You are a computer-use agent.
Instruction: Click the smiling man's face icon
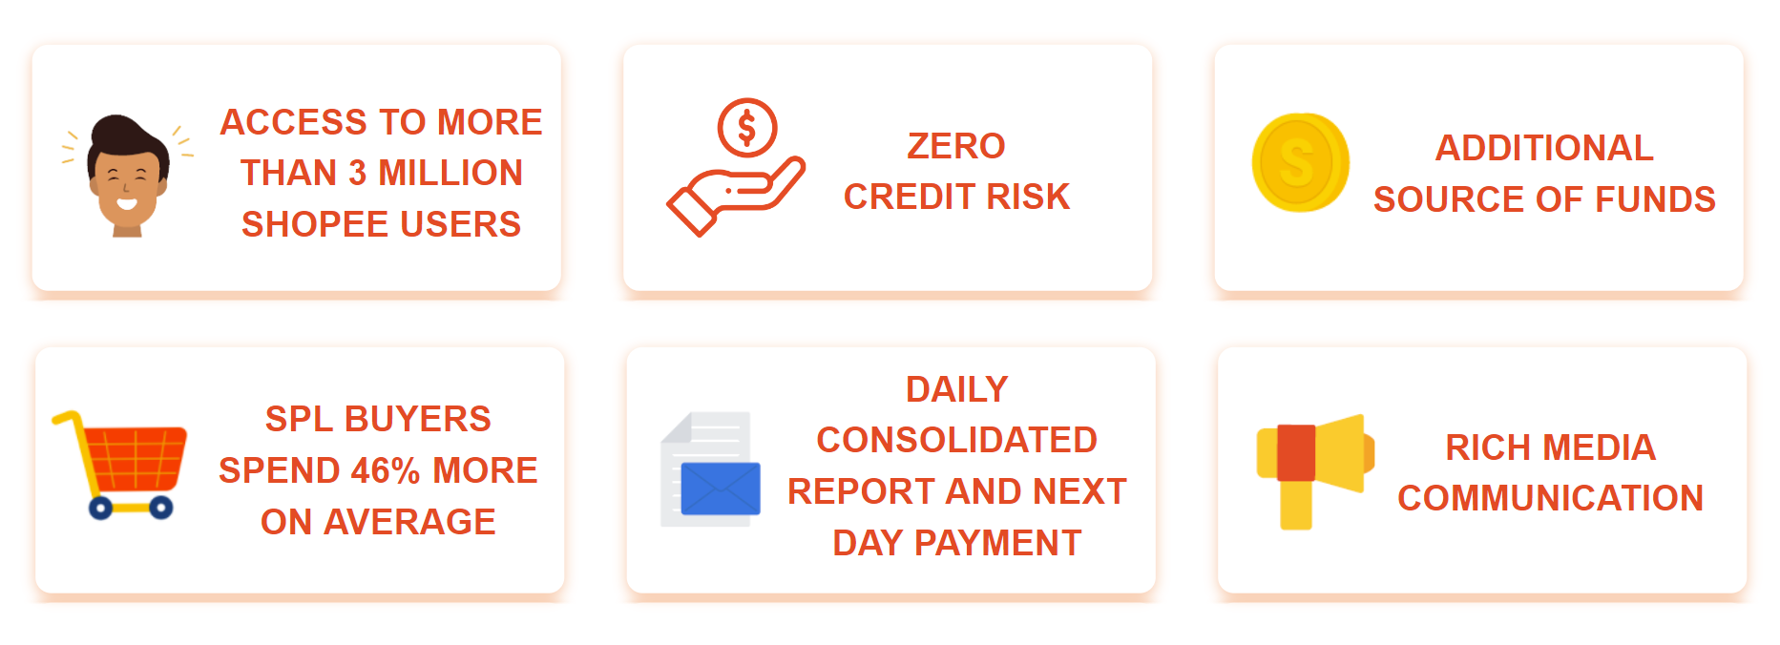pos(128,177)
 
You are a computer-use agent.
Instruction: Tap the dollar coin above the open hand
pos(747,128)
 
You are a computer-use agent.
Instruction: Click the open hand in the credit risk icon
pos(736,197)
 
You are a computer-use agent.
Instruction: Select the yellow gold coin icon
pos(1300,162)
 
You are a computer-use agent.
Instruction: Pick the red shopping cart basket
pos(135,459)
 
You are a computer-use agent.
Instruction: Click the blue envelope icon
pos(721,489)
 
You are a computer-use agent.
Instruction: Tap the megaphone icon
pos(1315,471)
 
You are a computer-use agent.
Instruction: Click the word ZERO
pos(956,146)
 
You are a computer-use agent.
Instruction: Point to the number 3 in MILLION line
pos(358,173)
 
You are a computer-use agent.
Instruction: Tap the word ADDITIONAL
pos(1544,148)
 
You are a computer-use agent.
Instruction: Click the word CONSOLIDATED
pos(956,440)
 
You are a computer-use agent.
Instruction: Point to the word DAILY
pos(956,389)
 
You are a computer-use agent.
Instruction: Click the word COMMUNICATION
pos(1550,498)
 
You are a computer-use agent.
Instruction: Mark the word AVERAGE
pos(409,522)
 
